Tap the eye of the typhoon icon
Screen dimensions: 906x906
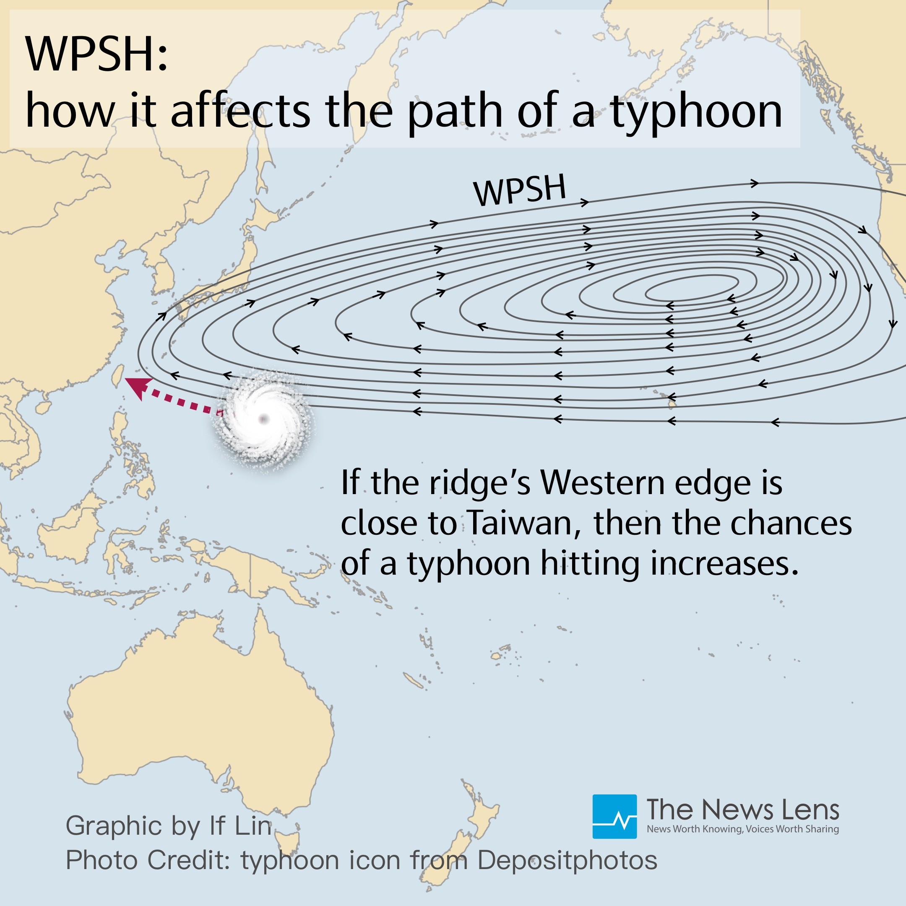click(263, 418)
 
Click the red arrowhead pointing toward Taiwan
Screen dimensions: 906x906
click(138, 387)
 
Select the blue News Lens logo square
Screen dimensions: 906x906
click(614, 816)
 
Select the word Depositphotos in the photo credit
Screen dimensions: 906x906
click(567, 860)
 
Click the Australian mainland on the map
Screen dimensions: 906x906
click(197, 718)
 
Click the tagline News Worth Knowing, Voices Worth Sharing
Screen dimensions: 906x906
click(742, 829)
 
